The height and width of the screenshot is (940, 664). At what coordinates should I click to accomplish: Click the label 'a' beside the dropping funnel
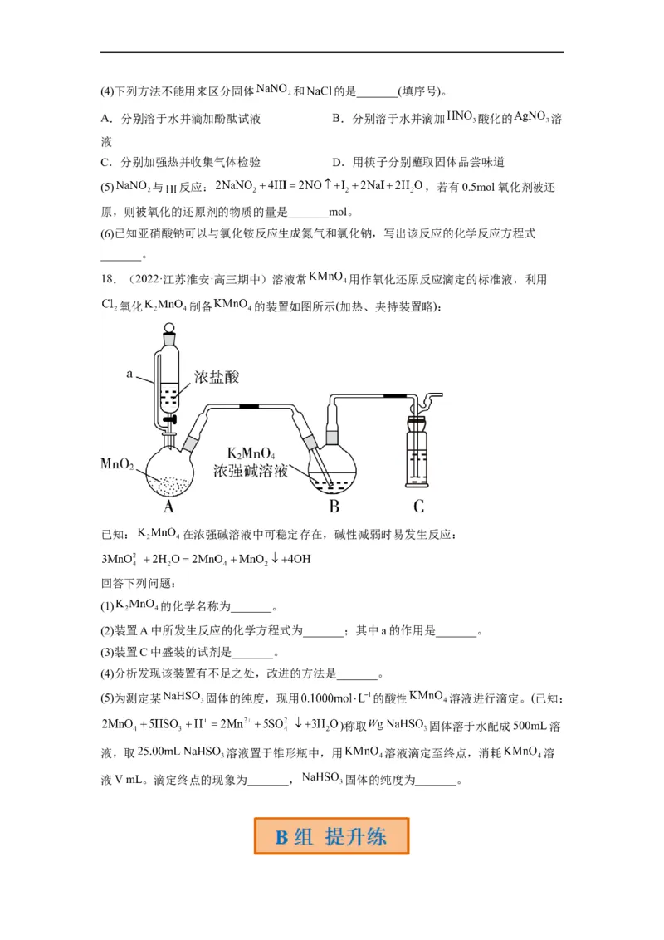point(129,375)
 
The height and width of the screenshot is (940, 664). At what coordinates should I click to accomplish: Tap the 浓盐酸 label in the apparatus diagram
point(217,377)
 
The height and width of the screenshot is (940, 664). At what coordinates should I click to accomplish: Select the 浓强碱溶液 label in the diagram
point(251,471)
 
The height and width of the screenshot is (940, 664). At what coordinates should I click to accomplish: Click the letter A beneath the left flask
point(168,507)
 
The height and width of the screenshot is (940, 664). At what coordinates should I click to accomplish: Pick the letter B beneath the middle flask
point(334,507)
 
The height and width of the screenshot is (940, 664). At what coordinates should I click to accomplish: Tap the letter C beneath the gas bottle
point(419,507)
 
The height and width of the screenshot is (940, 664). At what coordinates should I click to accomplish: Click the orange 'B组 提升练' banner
point(331,836)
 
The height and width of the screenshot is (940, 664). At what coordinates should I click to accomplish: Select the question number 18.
point(108,280)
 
